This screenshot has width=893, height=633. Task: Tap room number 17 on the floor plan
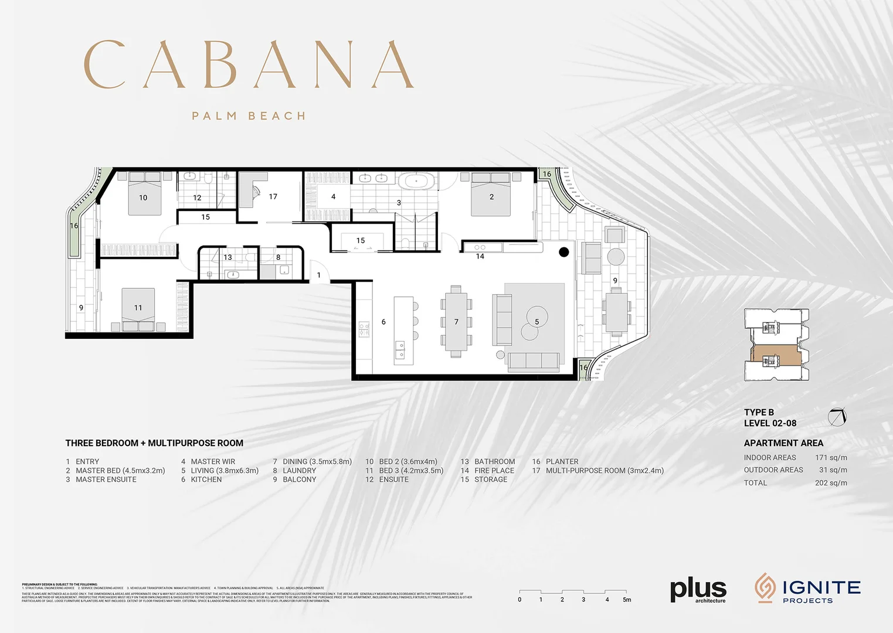point(273,197)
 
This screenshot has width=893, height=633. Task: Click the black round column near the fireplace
point(563,252)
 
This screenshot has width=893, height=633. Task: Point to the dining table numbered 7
point(456,321)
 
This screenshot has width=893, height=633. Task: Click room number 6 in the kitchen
point(383,322)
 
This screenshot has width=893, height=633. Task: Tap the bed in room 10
point(145,192)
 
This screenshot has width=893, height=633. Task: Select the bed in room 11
point(138,310)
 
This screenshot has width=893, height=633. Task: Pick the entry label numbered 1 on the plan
point(319,275)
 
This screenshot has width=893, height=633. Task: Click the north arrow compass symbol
point(837,417)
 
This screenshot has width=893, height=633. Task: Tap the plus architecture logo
point(698,590)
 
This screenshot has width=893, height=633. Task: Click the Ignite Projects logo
point(807,588)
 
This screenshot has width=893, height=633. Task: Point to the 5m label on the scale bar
point(627,600)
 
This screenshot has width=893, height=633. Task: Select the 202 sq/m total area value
point(831,483)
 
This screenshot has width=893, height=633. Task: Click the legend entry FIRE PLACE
point(494,471)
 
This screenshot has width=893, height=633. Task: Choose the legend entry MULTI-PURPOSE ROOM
point(604,471)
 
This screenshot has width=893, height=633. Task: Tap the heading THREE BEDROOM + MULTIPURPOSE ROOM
point(154,443)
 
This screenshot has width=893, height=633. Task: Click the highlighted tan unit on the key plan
point(775,355)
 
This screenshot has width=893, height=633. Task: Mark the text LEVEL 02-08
point(770,423)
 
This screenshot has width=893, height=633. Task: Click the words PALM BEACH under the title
point(249,116)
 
